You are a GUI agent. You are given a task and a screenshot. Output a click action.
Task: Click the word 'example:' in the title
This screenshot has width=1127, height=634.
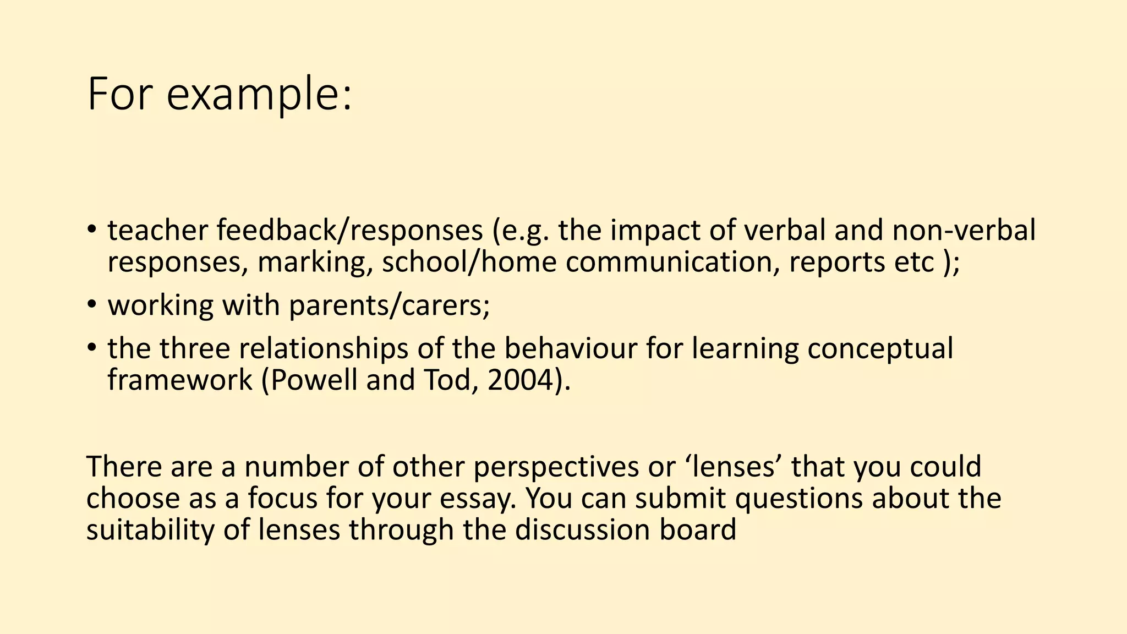(259, 95)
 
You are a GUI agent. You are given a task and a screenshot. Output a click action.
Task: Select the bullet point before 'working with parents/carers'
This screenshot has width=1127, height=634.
(92, 304)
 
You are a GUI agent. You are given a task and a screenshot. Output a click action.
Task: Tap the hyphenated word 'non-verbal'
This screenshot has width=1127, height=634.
(964, 230)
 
